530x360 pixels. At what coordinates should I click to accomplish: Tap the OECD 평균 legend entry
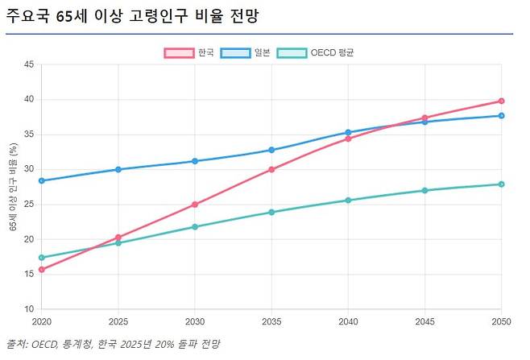point(316,52)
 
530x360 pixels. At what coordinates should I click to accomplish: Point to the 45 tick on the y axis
point(29,65)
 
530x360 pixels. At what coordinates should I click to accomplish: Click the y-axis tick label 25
point(29,205)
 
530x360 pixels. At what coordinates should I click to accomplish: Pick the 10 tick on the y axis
point(29,309)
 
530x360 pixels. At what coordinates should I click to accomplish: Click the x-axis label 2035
point(271,321)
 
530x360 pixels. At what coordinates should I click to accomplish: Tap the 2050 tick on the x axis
point(500,321)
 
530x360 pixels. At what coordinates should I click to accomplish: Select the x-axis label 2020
point(41,321)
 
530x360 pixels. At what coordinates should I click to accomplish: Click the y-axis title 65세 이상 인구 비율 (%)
point(14,187)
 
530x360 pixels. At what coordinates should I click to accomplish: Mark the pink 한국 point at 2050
point(501,101)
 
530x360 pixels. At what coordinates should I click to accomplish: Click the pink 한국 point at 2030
point(195,205)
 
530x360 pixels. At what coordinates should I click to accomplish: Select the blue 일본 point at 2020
point(41,181)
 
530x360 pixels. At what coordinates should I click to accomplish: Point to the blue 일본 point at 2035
point(271,150)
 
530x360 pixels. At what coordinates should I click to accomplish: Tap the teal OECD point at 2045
point(424,191)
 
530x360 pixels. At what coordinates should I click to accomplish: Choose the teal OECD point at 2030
point(195,227)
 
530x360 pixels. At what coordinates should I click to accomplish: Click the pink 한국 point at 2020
point(41,270)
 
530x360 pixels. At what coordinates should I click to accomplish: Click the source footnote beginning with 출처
point(113,344)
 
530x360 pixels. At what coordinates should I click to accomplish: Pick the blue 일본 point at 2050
point(501,116)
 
